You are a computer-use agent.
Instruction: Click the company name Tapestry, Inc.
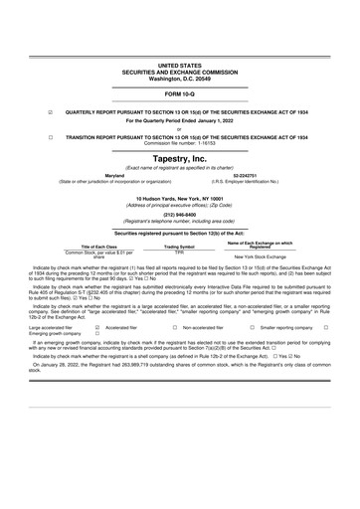[x=179, y=158]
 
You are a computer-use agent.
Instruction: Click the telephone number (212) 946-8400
[x=179, y=215]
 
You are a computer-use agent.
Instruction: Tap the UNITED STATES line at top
[x=179, y=65]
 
